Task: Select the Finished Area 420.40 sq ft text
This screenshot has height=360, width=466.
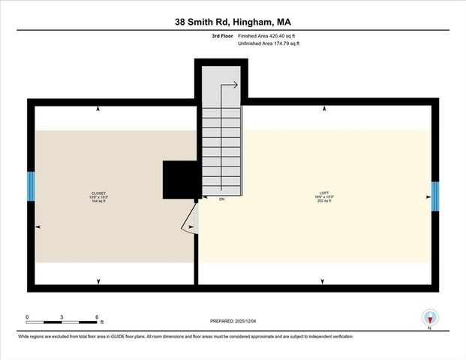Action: click(269, 35)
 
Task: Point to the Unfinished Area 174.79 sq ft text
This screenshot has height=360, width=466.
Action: click(269, 44)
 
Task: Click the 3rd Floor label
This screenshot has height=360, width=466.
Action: click(221, 35)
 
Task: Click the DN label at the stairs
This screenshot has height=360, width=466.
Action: click(222, 200)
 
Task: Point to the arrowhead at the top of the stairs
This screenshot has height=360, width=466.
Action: click(236, 85)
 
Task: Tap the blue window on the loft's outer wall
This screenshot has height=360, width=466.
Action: click(434, 196)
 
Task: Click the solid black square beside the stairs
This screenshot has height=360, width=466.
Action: click(179, 180)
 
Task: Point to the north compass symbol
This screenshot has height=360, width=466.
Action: click(430, 317)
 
